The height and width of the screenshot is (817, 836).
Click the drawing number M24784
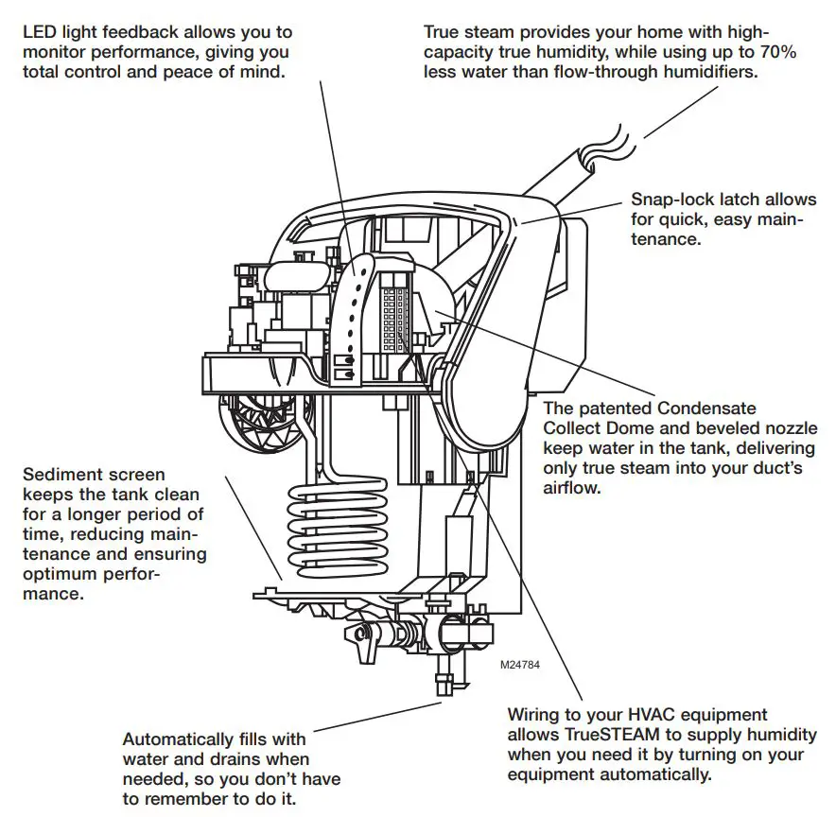(520, 666)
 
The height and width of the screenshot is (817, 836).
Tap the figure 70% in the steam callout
(775, 52)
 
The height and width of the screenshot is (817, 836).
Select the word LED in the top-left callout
(39, 32)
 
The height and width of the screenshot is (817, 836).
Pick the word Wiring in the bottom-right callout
(535, 715)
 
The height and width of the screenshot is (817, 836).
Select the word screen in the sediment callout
(140, 474)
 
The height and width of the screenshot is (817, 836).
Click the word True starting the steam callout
(444, 32)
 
